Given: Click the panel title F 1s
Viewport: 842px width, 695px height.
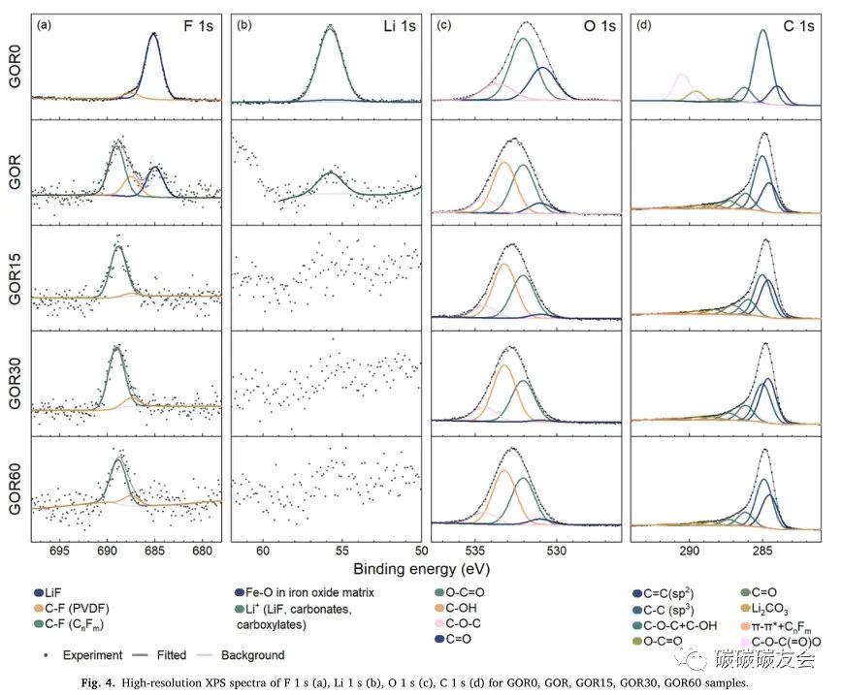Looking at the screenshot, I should (x=195, y=27).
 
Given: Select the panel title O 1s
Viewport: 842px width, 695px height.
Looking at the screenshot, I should (x=599, y=27).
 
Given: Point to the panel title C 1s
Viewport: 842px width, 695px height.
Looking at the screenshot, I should (x=798, y=27).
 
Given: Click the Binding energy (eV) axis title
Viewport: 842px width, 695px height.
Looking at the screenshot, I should (x=421, y=569).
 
